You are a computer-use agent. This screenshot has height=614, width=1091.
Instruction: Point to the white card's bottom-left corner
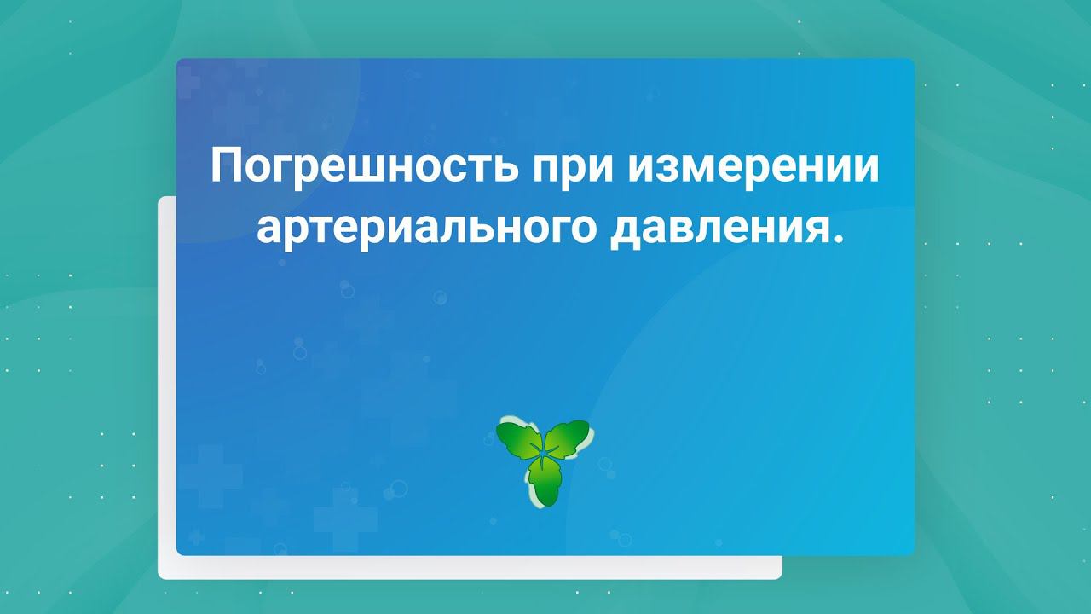tap(160, 577)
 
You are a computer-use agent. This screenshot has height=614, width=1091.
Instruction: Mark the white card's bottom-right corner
tap(780, 577)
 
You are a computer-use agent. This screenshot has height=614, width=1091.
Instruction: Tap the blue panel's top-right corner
tap(913, 61)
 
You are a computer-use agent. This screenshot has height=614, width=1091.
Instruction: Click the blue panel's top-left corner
tap(178, 61)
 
